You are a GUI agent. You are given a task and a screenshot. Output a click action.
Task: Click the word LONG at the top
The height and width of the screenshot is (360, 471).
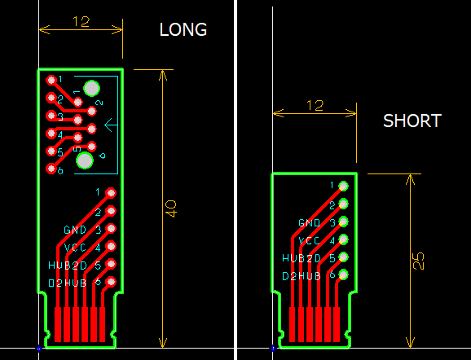coord(183,30)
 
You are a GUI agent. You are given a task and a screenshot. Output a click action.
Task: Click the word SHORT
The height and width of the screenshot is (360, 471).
coord(412,121)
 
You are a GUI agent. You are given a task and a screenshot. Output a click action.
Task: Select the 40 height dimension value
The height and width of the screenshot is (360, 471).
coord(170,208)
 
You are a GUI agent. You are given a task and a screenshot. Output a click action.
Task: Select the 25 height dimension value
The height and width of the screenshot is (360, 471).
coord(418,260)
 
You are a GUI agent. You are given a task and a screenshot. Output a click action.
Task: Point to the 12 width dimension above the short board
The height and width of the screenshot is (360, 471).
coord(315,105)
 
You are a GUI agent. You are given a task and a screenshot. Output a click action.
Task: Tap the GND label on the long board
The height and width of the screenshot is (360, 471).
coord(76,230)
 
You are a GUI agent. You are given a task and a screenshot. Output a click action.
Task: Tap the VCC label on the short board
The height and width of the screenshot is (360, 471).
coord(310,240)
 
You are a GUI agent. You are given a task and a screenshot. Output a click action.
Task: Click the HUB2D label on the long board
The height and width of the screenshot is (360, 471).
coord(68,266)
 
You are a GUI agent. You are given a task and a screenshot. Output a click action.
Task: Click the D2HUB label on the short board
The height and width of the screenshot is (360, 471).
coord(302,276)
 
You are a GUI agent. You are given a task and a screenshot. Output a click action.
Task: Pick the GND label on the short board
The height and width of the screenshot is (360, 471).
coord(310,222)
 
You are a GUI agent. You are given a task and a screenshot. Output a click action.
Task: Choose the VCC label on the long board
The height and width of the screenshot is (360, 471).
coord(76,248)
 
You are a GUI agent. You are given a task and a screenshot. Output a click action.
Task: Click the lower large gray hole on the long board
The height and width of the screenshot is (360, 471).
coord(84,160)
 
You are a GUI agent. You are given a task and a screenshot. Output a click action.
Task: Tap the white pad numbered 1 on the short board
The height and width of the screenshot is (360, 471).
coord(344,186)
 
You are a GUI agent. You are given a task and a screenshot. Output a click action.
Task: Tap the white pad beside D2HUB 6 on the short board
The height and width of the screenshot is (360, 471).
coord(344,275)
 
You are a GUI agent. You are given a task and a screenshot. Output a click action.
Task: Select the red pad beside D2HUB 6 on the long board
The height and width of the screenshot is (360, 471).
coord(111,283)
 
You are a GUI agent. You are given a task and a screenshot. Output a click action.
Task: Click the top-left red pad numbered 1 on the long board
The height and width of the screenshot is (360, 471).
coord(51,80)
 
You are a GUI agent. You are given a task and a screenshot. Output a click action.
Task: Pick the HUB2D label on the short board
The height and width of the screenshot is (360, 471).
coord(302,258)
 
